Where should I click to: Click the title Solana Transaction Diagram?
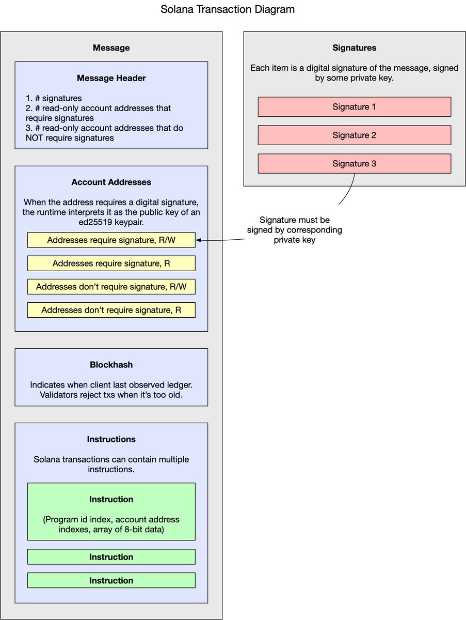pos(228,9)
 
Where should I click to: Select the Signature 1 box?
pos(355,107)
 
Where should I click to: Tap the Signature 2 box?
pos(355,135)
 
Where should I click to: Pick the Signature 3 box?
pos(355,164)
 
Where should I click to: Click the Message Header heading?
pos(111,78)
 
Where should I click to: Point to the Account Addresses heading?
pos(111,182)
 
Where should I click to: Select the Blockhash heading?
pos(111,365)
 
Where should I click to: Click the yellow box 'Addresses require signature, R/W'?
pos(111,240)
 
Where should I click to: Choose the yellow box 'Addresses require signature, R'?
pos(111,263)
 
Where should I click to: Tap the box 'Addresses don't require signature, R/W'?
pos(111,287)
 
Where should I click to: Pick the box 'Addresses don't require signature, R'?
pos(111,310)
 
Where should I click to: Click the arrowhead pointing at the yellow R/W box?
pos(198,240)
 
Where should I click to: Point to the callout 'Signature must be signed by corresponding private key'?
pos(295,230)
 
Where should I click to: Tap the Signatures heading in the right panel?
pos(355,48)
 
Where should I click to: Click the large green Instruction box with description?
pos(111,512)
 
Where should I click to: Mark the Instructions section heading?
pos(111,439)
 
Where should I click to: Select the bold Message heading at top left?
pos(111,48)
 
